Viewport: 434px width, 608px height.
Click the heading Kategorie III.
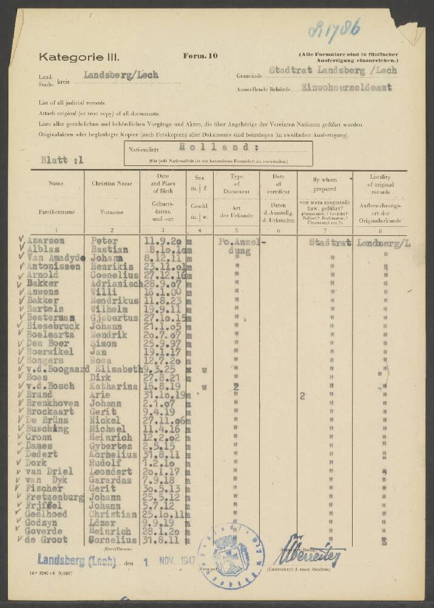pos(80,57)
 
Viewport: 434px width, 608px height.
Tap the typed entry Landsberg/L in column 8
pos(384,243)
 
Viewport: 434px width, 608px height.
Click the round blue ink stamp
pos(231,554)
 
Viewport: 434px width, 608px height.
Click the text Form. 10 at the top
pos(200,56)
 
